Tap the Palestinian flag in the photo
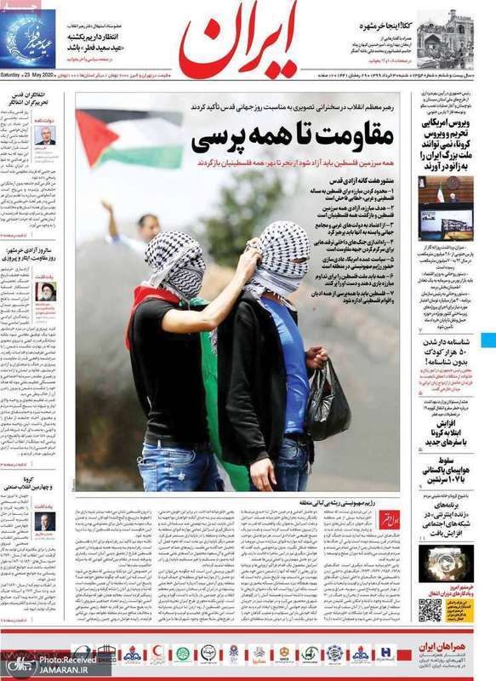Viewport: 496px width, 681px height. pos(128,136)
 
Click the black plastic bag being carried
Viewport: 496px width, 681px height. pos(328,400)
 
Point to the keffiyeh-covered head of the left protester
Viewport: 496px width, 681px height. pos(175,260)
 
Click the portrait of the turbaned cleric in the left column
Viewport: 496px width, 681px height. pos(43,293)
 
